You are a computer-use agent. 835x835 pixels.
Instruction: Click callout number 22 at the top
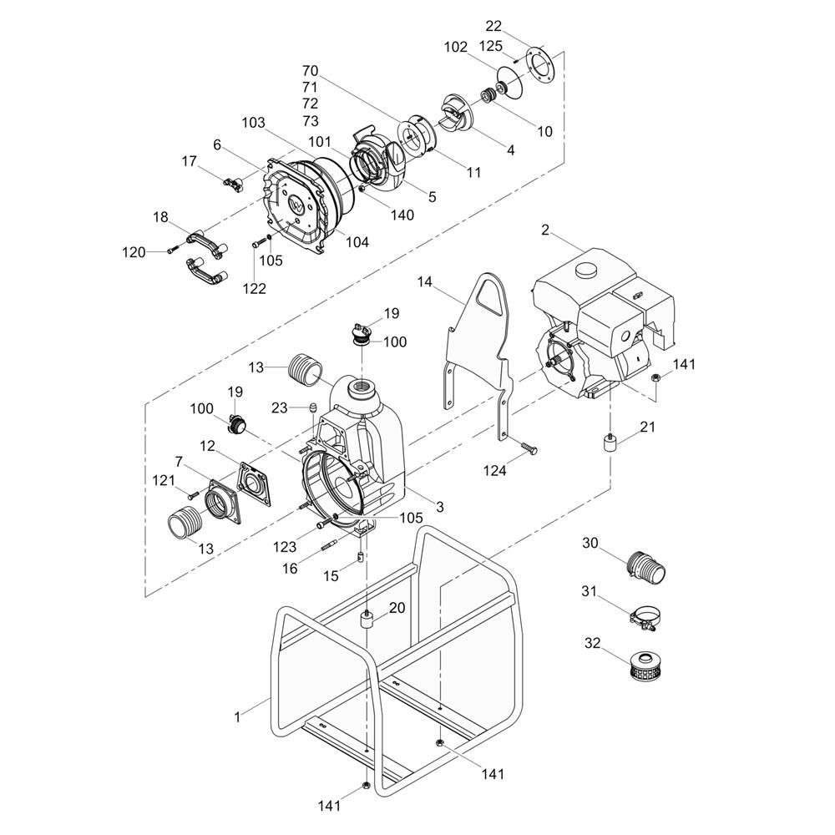493,26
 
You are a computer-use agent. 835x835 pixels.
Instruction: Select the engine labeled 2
602,325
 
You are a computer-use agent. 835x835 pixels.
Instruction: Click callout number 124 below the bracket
494,470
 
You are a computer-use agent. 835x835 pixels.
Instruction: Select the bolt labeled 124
528,448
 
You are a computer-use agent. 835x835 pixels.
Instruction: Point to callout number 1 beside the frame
237,717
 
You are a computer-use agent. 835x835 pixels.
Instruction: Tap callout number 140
402,215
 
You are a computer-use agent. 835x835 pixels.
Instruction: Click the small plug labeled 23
314,409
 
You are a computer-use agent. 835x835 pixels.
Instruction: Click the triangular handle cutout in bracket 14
489,298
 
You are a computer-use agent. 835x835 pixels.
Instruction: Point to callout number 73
310,120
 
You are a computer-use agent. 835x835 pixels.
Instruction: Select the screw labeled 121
192,494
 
